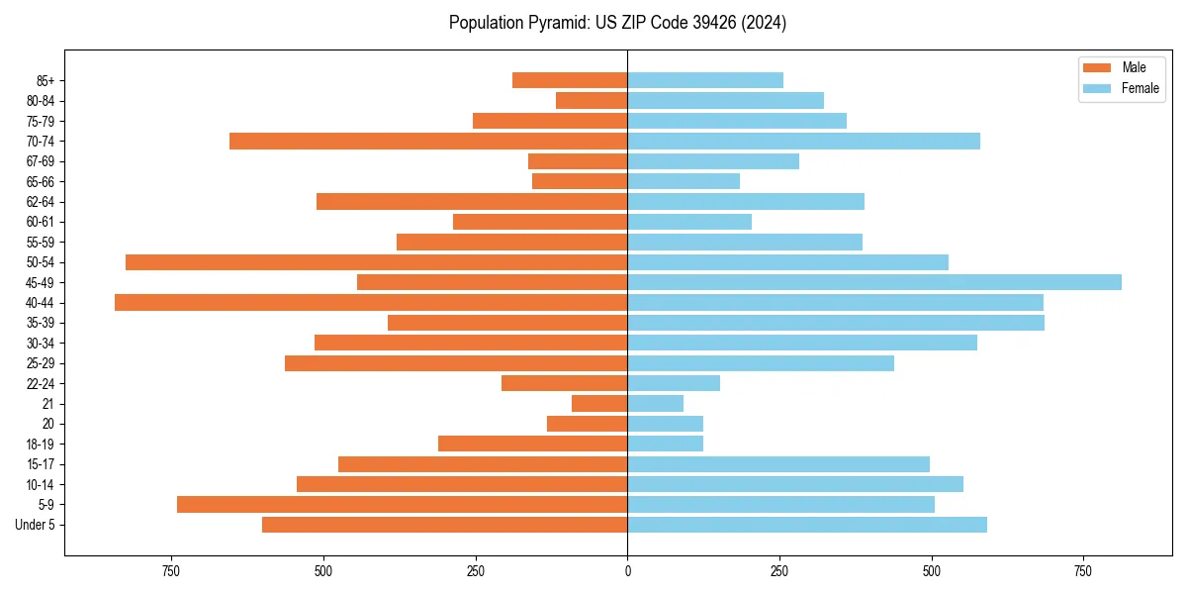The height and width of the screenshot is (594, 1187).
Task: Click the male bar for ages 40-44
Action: coord(371,302)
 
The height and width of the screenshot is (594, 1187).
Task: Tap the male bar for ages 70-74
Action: coord(428,141)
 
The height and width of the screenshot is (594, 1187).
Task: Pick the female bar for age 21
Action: coord(655,403)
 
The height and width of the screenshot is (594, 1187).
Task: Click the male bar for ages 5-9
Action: coord(402,504)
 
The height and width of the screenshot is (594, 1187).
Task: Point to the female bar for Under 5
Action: coord(807,525)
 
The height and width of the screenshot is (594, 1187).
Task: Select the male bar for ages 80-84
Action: coord(592,100)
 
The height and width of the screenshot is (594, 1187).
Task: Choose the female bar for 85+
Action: coord(705,80)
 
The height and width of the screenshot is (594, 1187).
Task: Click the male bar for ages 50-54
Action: coord(376,261)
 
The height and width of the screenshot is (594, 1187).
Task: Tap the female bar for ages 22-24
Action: coord(674,383)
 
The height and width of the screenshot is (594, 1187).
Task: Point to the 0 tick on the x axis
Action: coord(627,571)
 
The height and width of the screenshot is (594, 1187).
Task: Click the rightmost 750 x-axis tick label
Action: coord(1083,571)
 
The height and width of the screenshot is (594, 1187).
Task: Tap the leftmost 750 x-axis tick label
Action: coord(171,571)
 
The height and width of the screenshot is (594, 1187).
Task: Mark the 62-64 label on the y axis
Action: coord(41,202)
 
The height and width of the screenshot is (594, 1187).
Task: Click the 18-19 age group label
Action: coord(41,444)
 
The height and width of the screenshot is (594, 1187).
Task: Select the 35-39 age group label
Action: coord(41,323)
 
